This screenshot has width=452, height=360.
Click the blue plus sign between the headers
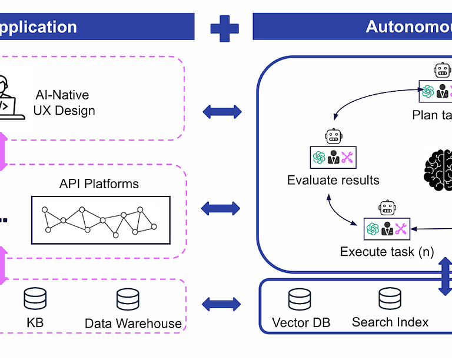coord(224,28)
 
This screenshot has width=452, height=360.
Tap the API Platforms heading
coord(99,184)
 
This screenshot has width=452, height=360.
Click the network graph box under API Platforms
coord(101,220)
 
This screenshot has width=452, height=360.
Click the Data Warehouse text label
coord(133,323)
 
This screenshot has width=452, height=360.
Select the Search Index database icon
coord(389,299)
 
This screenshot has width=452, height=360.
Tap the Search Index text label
coord(390,322)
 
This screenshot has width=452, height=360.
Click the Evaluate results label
coord(333,180)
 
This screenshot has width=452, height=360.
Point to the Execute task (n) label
coord(387,252)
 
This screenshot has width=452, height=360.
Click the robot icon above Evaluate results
coord(334,136)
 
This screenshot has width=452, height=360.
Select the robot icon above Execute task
coord(387,208)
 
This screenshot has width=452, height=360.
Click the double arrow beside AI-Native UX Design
coord(221,111)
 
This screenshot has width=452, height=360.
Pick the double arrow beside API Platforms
coord(221,208)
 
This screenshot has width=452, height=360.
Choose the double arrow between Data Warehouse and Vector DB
coord(221,304)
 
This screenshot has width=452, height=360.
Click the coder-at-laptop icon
coord(11,98)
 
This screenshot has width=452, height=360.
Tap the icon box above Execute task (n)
coord(386,229)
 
